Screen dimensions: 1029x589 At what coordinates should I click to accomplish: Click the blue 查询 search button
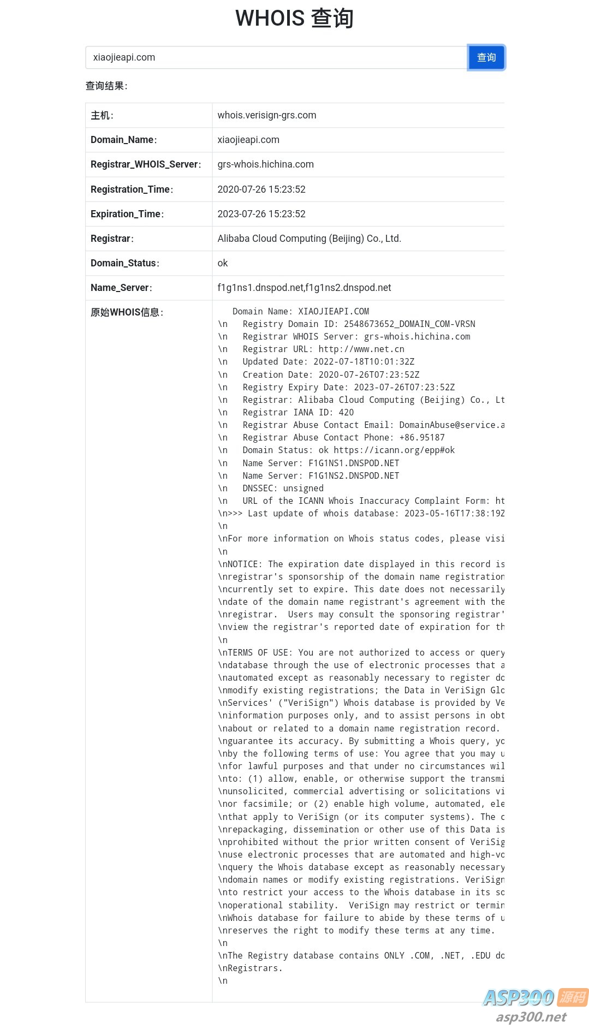point(486,57)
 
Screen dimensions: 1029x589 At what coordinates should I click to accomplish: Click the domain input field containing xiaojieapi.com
point(276,57)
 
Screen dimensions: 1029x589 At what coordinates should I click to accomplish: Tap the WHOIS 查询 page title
point(294,18)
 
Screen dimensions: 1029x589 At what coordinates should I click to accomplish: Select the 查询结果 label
point(106,86)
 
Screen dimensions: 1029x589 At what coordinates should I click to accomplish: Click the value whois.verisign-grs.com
point(266,115)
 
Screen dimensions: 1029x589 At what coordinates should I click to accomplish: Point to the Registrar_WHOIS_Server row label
point(145,164)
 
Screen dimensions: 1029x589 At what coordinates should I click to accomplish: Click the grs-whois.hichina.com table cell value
point(265,164)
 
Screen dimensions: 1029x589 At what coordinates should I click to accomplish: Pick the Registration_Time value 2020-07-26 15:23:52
point(261,189)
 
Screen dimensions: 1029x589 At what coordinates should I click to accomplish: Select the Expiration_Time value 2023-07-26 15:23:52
point(261,214)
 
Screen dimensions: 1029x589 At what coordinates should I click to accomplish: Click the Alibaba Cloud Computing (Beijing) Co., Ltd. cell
point(309,239)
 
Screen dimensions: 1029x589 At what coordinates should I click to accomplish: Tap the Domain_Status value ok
point(222,263)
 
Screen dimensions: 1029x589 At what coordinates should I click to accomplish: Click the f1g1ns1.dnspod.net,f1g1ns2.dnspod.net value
point(304,288)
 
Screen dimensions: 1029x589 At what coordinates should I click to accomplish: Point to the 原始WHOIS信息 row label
point(127,312)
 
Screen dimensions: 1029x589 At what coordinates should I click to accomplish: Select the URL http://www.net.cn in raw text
point(361,349)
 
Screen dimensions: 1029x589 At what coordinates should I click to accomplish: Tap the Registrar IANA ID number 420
point(346,413)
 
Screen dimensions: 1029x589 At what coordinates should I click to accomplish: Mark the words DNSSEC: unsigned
point(283,489)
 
